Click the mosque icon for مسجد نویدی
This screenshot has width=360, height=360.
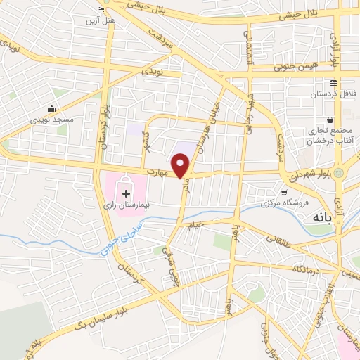point(52,109)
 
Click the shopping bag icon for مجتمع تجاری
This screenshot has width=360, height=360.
point(328,120)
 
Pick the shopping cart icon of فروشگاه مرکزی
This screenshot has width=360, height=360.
point(283,192)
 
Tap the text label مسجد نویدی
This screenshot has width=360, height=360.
point(51,121)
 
